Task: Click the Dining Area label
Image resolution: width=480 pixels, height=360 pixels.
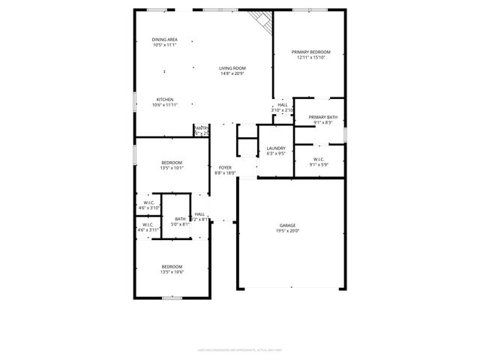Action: click(x=164, y=39)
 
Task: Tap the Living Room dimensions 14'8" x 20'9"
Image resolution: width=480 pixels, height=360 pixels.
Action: click(x=232, y=73)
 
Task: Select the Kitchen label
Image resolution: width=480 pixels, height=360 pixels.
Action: click(x=165, y=100)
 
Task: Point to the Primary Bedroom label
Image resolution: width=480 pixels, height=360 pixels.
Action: click(x=311, y=52)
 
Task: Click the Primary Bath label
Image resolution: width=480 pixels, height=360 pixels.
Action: click(x=322, y=117)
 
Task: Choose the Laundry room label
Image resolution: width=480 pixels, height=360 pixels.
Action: click(x=276, y=148)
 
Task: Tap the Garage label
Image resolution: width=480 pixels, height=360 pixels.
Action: click(x=287, y=225)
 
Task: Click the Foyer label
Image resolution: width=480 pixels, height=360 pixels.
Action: click(x=225, y=167)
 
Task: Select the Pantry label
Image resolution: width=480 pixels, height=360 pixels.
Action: click(x=201, y=128)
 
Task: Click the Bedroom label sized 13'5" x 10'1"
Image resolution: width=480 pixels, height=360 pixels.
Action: click(x=172, y=163)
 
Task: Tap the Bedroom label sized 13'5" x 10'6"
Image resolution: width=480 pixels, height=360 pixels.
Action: click(x=172, y=266)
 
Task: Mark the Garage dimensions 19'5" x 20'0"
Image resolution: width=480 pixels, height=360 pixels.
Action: click(x=287, y=231)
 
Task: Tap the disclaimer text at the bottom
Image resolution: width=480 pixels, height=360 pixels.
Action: click(x=240, y=349)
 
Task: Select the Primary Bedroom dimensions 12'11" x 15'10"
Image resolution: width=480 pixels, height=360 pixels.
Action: click(x=311, y=58)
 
